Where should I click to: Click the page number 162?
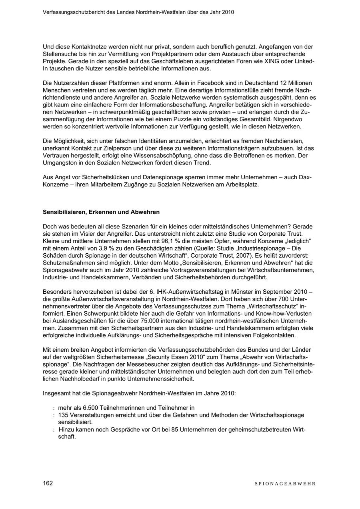(x=48, y=483)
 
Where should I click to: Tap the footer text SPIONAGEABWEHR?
(x=285, y=483)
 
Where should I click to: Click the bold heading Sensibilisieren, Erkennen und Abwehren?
(x=101, y=212)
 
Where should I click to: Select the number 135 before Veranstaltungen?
(x=63, y=415)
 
